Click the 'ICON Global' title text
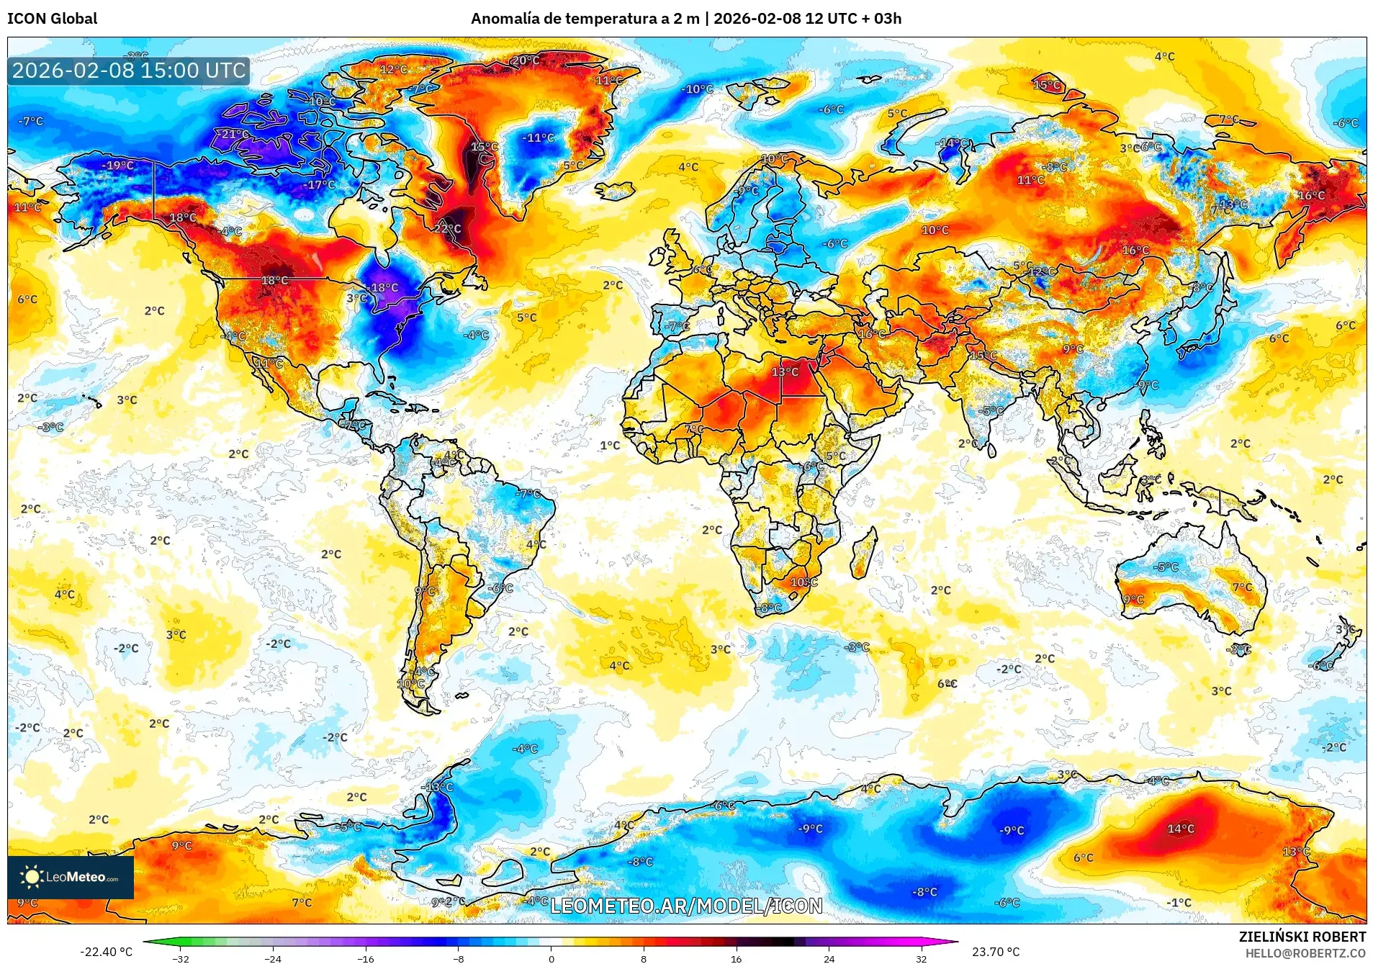click(52, 19)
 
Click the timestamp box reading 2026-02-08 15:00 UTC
click(129, 71)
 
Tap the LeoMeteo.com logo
click(71, 877)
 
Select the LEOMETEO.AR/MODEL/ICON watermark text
click(686, 906)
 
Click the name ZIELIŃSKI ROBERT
click(1302, 937)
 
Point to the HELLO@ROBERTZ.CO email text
click(1305, 953)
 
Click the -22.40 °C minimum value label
click(106, 952)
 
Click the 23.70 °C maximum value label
click(995, 952)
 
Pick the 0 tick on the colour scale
click(552, 958)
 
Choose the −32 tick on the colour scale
click(181, 958)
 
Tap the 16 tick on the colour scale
click(736, 958)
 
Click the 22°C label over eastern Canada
click(447, 229)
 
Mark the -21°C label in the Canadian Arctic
click(234, 135)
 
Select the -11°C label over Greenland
click(538, 138)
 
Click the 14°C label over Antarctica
click(1180, 829)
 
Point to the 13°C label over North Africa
click(785, 372)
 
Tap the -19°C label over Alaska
click(117, 166)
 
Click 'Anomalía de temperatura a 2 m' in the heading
click(585, 19)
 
